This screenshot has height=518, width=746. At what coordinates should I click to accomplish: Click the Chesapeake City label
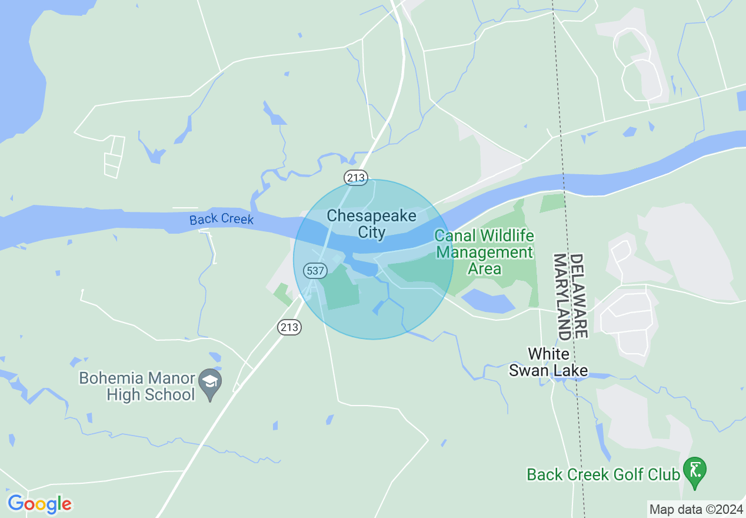[371, 224]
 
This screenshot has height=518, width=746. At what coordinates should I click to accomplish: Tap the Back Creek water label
[221, 219]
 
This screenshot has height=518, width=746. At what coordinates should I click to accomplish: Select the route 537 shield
[315, 271]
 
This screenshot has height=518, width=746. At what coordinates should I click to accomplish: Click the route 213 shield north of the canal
[356, 177]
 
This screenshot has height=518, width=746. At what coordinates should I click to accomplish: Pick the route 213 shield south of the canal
[289, 327]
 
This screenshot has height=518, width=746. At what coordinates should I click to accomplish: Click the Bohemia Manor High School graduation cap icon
[209, 382]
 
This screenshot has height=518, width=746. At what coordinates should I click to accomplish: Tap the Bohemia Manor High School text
[137, 386]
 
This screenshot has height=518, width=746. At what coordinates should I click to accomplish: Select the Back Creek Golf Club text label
[603, 474]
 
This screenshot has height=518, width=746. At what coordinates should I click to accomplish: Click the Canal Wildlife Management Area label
[484, 253]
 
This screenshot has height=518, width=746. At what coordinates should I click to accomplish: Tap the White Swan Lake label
[548, 362]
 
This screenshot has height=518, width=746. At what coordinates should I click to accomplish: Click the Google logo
[39, 504]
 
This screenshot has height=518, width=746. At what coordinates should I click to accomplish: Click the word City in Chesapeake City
[372, 233]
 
